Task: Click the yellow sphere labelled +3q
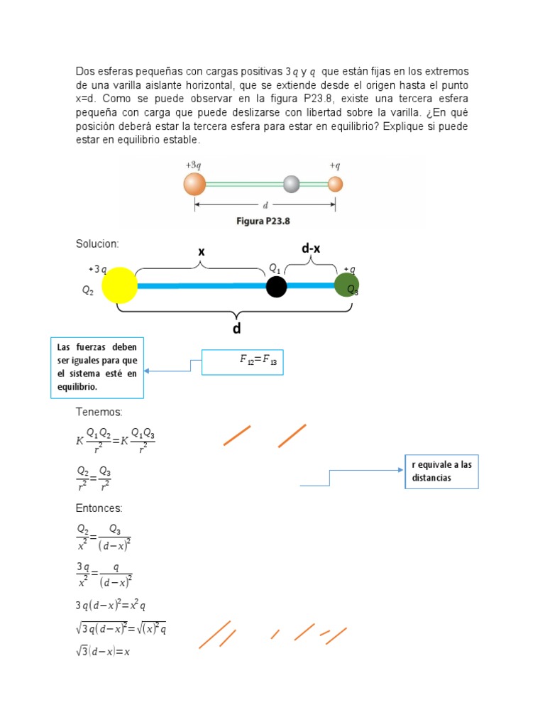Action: point(119,285)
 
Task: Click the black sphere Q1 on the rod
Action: point(276,287)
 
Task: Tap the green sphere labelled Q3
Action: point(346,285)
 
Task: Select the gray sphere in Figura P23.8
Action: point(292,184)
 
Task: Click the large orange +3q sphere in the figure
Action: point(194,184)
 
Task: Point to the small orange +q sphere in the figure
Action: point(336,184)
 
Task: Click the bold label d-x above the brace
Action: point(312,248)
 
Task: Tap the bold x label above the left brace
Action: point(202,251)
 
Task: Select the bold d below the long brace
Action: point(237,329)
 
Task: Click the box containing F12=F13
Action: point(243,361)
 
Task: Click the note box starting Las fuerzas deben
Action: point(97,367)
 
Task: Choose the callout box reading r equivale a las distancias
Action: point(441,471)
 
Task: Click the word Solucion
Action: point(97,244)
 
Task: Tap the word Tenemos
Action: point(99,412)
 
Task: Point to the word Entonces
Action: point(99,508)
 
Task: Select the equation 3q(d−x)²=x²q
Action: point(110,606)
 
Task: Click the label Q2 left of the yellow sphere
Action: point(88,290)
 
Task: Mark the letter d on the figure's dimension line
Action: point(265,205)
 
